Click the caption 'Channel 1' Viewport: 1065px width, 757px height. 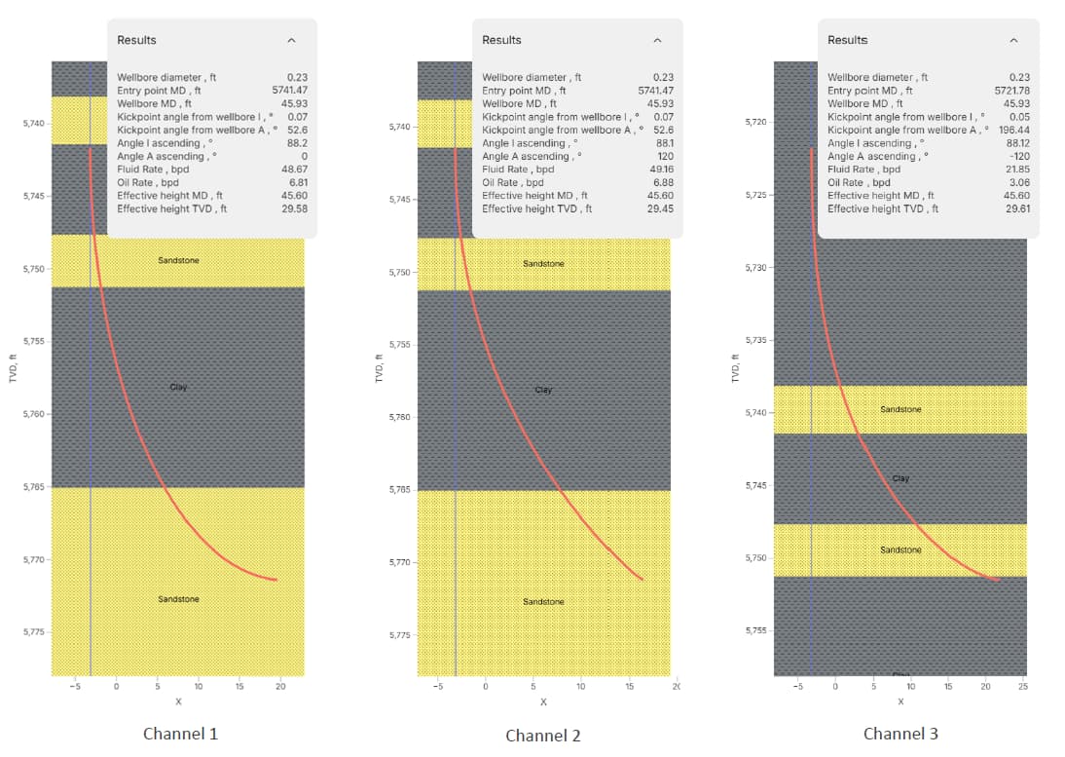(180, 734)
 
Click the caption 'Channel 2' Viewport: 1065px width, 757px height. (543, 736)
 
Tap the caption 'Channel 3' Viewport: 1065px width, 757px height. (900, 734)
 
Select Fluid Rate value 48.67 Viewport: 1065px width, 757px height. (294, 169)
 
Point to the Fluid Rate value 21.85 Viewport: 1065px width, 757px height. (1017, 169)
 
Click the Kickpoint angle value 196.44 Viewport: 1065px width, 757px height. (1014, 130)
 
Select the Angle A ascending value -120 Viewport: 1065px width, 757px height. (1018, 156)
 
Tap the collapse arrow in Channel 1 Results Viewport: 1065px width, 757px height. (291, 40)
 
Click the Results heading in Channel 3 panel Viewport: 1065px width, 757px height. (847, 40)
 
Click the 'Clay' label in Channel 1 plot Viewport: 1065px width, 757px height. (178, 387)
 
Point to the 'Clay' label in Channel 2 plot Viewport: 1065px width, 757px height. (543, 390)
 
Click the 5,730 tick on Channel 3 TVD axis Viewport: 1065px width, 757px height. (756, 267)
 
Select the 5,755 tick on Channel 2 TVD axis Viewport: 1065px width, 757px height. (399, 345)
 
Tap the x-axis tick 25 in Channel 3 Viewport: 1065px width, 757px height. (1023, 688)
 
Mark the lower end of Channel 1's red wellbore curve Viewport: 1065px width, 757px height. (276, 580)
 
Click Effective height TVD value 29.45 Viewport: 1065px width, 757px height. (660, 208)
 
